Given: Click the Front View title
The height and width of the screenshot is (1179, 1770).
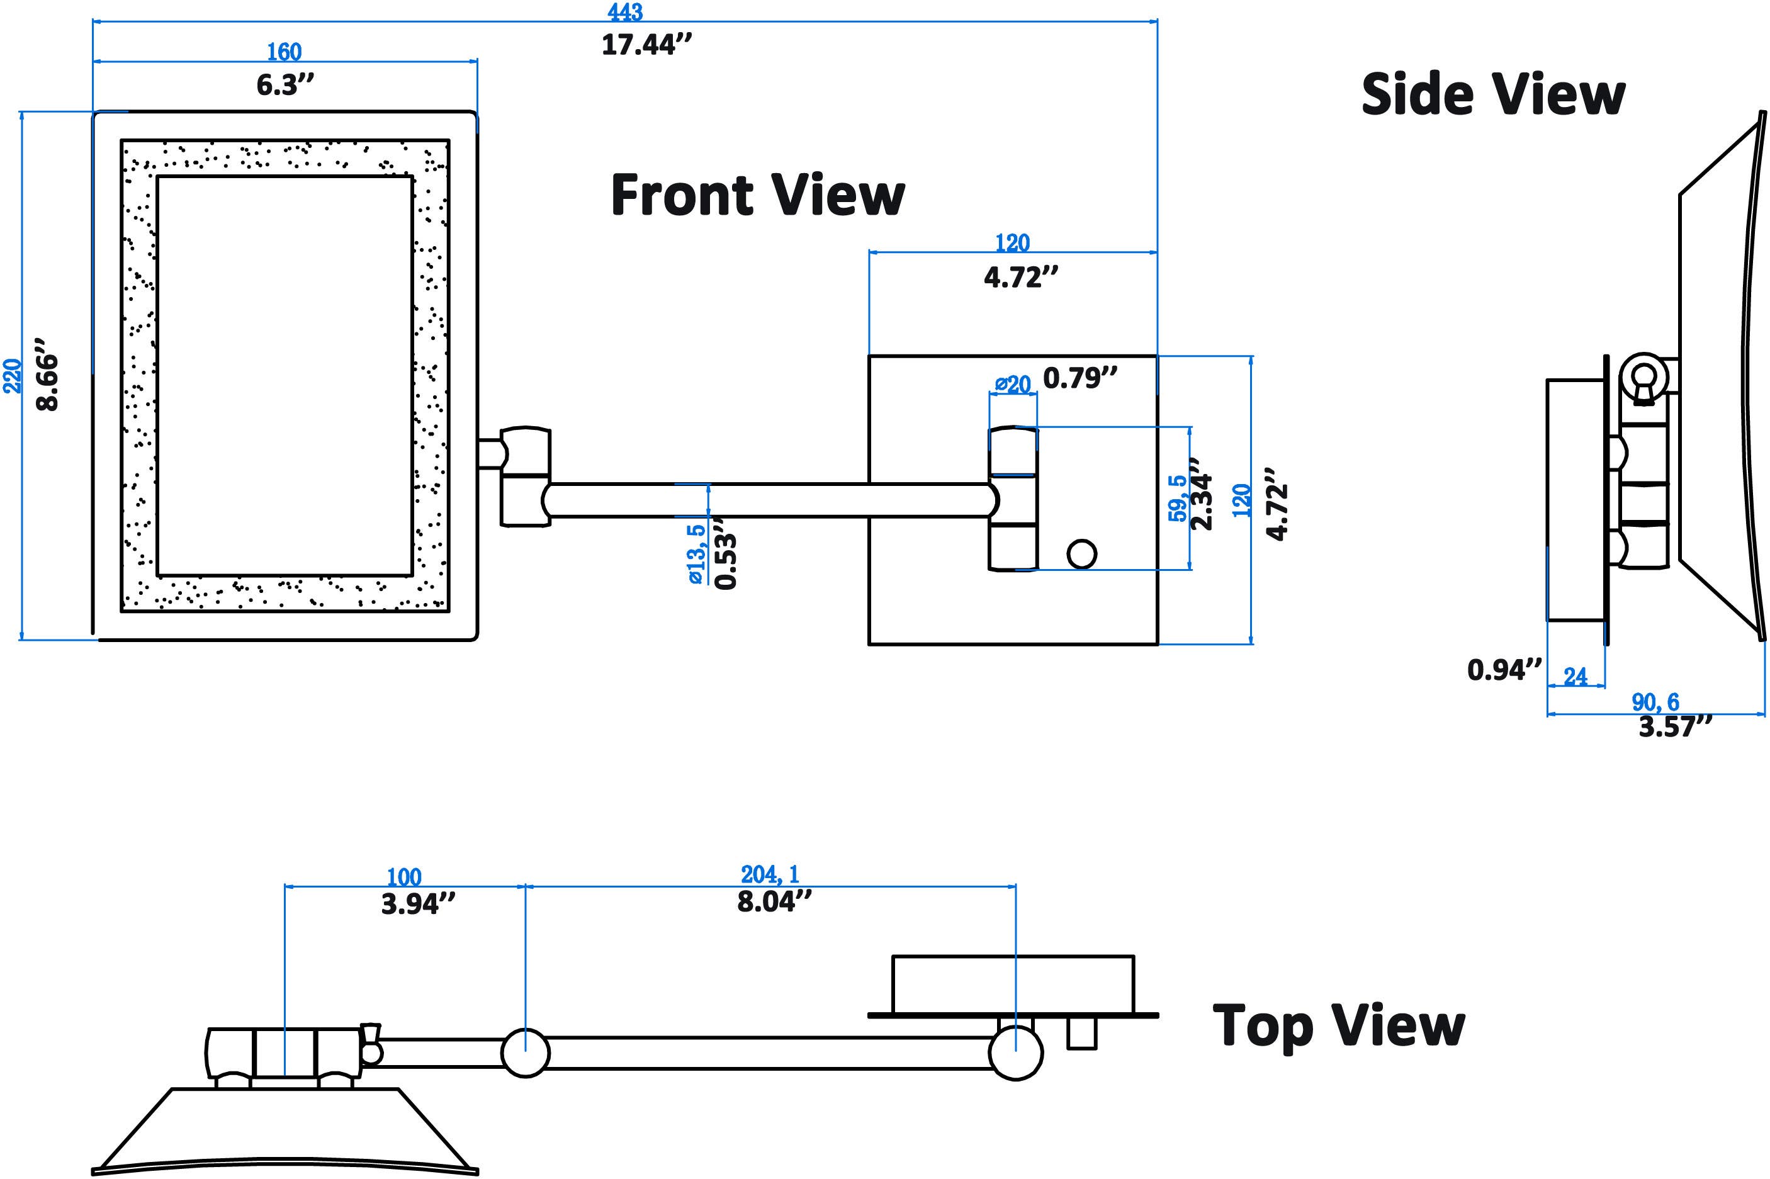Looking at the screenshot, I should (x=757, y=195).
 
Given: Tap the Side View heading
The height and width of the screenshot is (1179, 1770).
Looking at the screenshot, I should (x=1492, y=95).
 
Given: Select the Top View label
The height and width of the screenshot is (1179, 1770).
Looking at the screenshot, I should (x=1338, y=1025).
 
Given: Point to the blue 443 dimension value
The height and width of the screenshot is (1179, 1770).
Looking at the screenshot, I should (x=625, y=12).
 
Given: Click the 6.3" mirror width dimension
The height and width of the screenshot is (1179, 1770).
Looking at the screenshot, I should (x=285, y=85).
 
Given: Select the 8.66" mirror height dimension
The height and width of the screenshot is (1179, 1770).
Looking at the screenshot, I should (x=47, y=374).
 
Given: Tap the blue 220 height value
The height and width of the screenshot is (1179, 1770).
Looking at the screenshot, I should (x=13, y=375).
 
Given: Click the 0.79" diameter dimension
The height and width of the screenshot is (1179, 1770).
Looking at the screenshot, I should (x=1079, y=378).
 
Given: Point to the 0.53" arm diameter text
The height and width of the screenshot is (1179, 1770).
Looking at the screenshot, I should (x=726, y=553).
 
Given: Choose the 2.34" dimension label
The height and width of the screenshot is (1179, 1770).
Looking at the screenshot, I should (x=1202, y=496).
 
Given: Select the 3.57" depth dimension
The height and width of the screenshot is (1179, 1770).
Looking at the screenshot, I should (x=1674, y=727).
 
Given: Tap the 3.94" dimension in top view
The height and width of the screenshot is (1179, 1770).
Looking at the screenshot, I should (x=418, y=904).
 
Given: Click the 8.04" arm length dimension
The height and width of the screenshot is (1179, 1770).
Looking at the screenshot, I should (x=774, y=901).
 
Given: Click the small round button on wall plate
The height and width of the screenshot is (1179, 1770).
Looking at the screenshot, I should (x=1081, y=554).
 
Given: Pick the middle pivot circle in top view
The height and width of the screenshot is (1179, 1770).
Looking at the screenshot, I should (x=525, y=1052).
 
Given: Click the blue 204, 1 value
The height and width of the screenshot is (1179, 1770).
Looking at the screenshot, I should (x=769, y=874).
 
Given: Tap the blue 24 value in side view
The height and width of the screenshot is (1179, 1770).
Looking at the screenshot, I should (x=1576, y=677).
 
